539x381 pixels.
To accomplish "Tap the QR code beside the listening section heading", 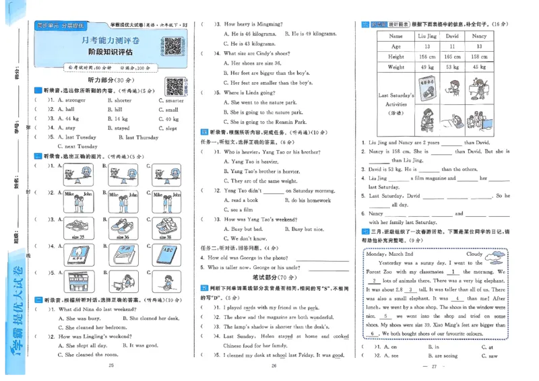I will [x=175, y=87].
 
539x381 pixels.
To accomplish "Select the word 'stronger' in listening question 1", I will [x=75, y=100].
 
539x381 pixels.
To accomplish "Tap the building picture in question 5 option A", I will [x=78, y=282].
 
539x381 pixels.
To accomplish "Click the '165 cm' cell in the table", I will [x=452, y=57].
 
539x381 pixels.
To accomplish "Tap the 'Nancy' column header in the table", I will [x=479, y=36].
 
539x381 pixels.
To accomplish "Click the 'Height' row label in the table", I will [x=396, y=57].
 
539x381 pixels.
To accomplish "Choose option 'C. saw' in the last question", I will [x=490, y=355].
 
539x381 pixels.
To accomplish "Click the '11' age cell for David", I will [x=452, y=46].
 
